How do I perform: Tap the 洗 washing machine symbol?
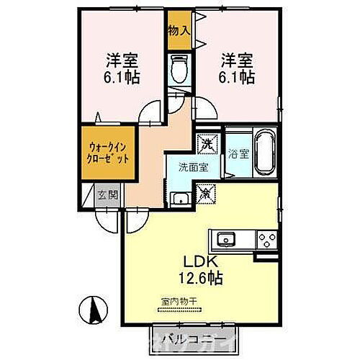(x=207, y=144)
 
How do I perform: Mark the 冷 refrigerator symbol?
(x=204, y=192)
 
